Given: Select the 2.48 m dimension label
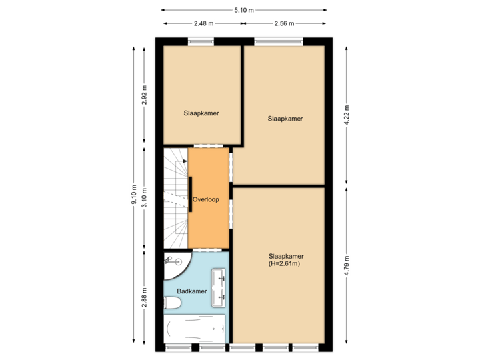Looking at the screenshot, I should tap(203, 23).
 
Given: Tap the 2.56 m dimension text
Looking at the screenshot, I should tap(283, 23).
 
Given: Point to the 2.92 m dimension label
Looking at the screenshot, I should tap(144, 96).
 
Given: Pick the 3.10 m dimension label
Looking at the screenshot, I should tap(144, 198).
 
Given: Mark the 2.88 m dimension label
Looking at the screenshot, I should tap(144, 297).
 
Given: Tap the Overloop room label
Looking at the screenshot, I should tap(205, 199).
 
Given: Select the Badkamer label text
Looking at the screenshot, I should tap(191, 291).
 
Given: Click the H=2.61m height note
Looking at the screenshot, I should tap(285, 264).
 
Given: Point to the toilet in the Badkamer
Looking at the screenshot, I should tap(172, 303).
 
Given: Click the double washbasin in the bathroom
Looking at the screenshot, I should tap(219, 287).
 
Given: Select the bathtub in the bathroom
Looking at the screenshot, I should tap(195, 329).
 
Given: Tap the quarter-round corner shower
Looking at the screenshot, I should tap(175, 265).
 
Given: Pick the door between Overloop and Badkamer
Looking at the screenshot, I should tap(207, 249).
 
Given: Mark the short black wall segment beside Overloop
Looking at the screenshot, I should tap(191, 194).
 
